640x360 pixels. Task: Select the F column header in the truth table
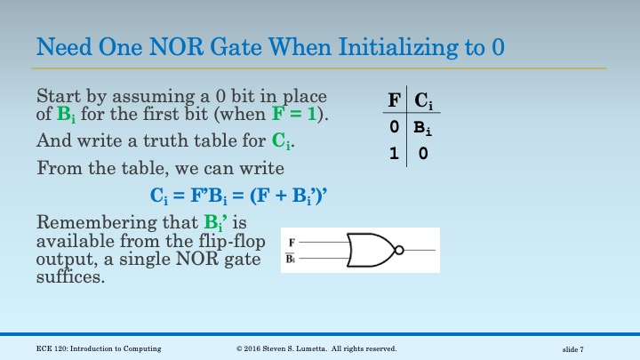(394, 100)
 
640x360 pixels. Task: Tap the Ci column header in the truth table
(424, 101)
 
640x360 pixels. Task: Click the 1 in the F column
(393, 153)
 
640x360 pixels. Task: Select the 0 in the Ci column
(424, 153)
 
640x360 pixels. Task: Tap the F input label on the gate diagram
(292, 242)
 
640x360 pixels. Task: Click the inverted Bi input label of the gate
(292, 259)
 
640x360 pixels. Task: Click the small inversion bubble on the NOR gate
(400, 250)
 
